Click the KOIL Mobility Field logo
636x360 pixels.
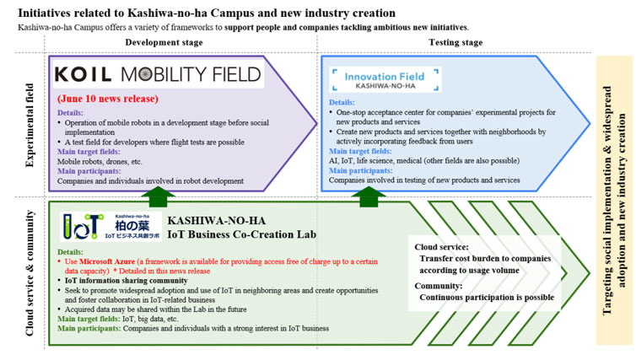pyautogui.click(x=159, y=74)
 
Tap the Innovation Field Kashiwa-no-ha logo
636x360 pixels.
pyautogui.click(x=385, y=79)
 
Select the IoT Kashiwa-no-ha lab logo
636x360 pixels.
pyautogui.click(x=110, y=227)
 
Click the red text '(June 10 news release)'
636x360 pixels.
pyautogui.click(x=108, y=99)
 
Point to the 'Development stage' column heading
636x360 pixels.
pyautogui.click(x=164, y=42)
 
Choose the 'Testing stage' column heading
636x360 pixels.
pyautogui.click(x=455, y=42)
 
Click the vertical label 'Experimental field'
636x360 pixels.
pyautogui.click(x=30, y=125)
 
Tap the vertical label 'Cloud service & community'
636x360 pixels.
pyautogui.click(x=30, y=273)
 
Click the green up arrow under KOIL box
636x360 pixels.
pyautogui.click(x=158, y=196)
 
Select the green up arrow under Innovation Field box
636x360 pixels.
pyautogui.click(x=369, y=196)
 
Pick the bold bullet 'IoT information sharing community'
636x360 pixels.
pyautogui.click(x=127, y=281)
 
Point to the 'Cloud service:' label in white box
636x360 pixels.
pyautogui.click(x=441, y=247)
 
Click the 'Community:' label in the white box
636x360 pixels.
pyautogui.click(x=439, y=286)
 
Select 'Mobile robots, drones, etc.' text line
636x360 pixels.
pyautogui.click(x=100, y=161)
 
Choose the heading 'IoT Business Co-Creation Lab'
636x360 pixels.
pyautogui.click(x=242, y=234)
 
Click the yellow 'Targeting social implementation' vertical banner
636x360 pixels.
pyautogui.click(x=614, y=201)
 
